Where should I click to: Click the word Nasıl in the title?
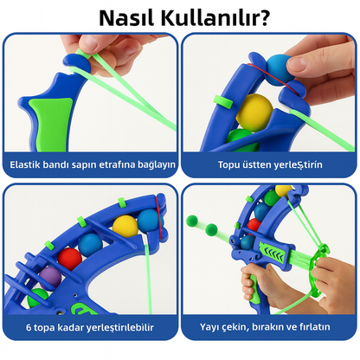click(127, 17)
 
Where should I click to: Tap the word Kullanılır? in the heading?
click(215, 17)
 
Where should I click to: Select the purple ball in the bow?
click(50, 278)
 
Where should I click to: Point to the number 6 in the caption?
click(29, 327)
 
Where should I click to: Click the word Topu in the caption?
click(228, 164)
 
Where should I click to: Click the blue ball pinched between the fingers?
click(279, 70)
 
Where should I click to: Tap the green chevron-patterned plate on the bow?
click(273, 252)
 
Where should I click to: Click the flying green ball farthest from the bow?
click(192, 221)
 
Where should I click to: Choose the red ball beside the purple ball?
click(69, 259)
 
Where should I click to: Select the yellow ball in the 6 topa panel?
click(125, 227)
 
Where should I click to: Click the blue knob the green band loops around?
click(77, 62)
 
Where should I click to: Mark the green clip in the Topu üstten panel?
click(223, 102)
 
